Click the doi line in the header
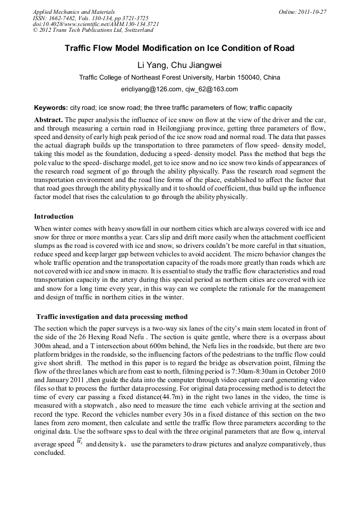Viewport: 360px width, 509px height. coord(96,24)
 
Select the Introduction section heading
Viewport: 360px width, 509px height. coord(54,217)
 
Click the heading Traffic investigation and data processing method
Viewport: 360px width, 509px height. coord(112,317)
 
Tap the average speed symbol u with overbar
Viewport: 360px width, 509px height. coord(80,443)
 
